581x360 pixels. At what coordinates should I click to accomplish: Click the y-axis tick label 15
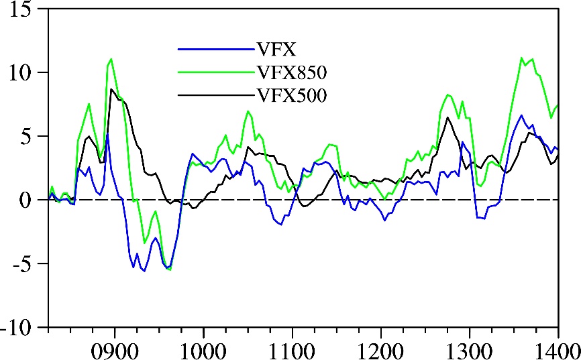coord(25,11)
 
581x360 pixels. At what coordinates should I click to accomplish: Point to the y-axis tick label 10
coord(25,72)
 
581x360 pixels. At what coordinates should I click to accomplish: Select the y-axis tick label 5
coord(32,136)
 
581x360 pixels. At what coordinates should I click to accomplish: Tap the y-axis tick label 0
coord(32,200)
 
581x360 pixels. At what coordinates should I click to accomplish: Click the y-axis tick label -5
coord(26,263)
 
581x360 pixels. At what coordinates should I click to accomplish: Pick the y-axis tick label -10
coord(20,327)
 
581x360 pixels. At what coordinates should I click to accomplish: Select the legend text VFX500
coord(291,96)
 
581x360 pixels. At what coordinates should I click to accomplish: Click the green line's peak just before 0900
coord(111,59)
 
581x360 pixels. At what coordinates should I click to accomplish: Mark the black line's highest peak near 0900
coord(111,88)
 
